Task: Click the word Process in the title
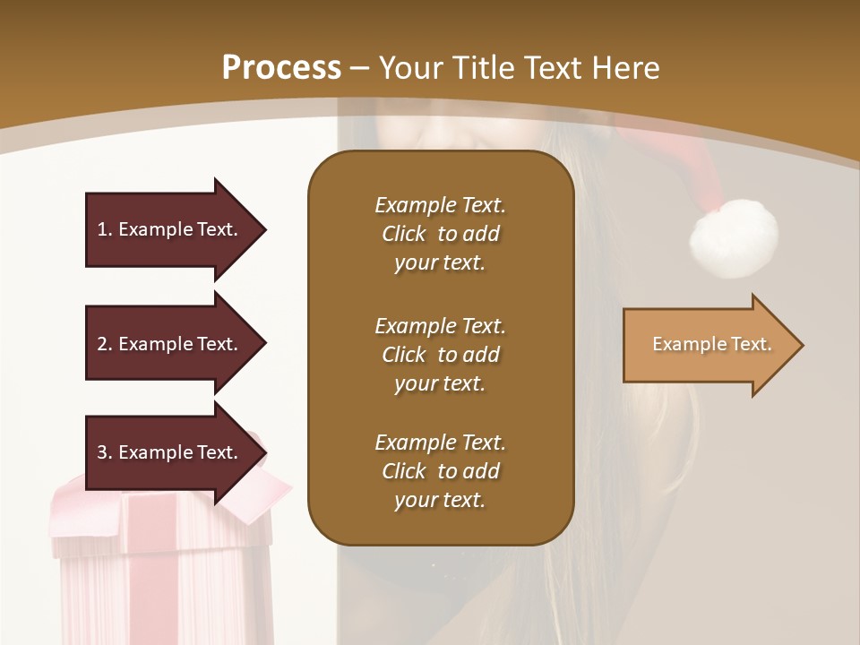[x=281, y=67]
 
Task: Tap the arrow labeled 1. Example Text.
[x=170, y=229]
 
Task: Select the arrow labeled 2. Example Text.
[x=170, y=344]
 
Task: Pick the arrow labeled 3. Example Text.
[x=170, y=452]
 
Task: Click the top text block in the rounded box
[x=440, y=234]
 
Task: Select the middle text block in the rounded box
[x=440, y=355]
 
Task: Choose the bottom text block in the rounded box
[x=440, y=471]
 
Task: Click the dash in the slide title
[x=360, y=68]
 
